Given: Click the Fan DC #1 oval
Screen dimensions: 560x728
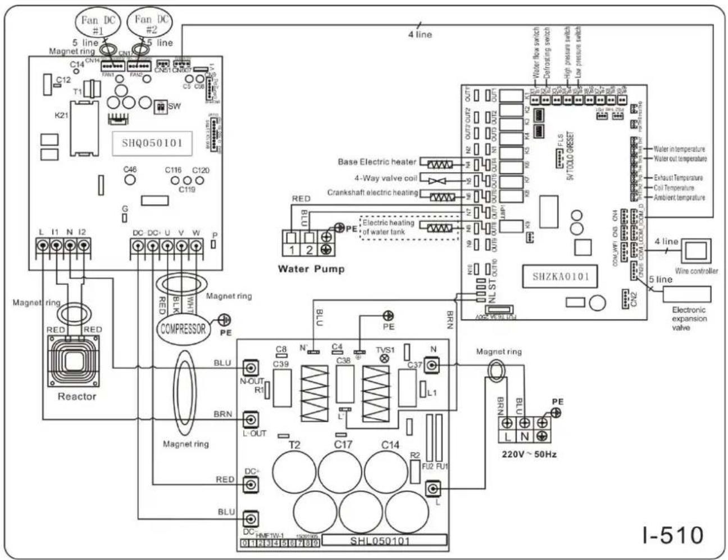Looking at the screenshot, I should [98, 23].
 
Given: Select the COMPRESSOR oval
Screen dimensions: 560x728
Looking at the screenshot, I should [183, 328].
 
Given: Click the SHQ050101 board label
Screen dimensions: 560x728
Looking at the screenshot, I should [152, 143].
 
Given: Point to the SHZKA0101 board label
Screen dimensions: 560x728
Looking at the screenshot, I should [561, 277].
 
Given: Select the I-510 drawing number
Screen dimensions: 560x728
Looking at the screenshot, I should [672, 535].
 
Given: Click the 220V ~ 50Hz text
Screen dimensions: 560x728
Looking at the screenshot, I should [529, 454].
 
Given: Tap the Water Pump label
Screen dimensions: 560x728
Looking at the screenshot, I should [311, 269].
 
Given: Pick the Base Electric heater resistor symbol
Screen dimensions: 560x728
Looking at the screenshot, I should [440, 165].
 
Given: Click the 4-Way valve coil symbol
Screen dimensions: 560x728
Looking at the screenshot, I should [440, 180].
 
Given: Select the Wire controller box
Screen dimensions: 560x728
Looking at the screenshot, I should [696, 251].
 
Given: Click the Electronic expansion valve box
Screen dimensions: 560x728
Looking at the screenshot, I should [686, 294].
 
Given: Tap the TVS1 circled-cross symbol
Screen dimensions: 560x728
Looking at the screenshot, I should [385, 358].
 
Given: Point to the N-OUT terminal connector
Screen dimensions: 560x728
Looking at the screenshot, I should [251, 368].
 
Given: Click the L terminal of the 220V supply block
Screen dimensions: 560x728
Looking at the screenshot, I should [507, 436].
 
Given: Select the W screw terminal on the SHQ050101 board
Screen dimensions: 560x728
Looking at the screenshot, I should [195, 246].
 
